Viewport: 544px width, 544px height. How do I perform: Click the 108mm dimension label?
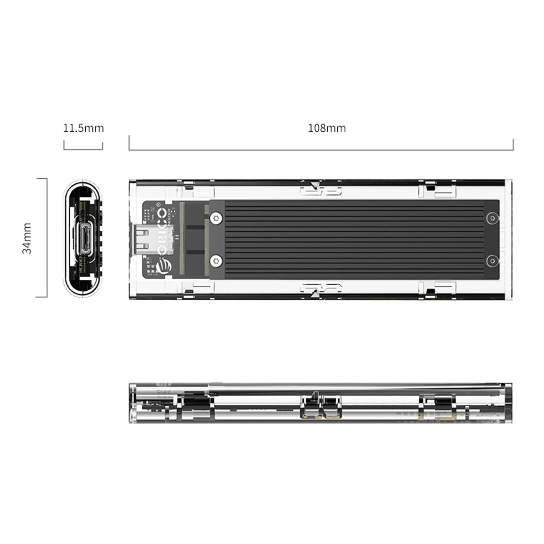tap(327, 128)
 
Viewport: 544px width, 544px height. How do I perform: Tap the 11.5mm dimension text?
tap(83, 128)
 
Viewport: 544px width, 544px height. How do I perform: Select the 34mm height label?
tap(28, 238)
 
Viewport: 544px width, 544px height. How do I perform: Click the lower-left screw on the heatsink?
tap(216, 260)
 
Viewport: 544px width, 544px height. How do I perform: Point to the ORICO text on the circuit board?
tap(161, 231)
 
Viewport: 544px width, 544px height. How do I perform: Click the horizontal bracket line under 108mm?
tap(321, 150)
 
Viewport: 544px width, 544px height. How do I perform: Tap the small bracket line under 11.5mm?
tap(83, 149)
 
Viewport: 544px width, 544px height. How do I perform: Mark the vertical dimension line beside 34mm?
tap(47, 238)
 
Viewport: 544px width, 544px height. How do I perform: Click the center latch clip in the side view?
tap(321, 407)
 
